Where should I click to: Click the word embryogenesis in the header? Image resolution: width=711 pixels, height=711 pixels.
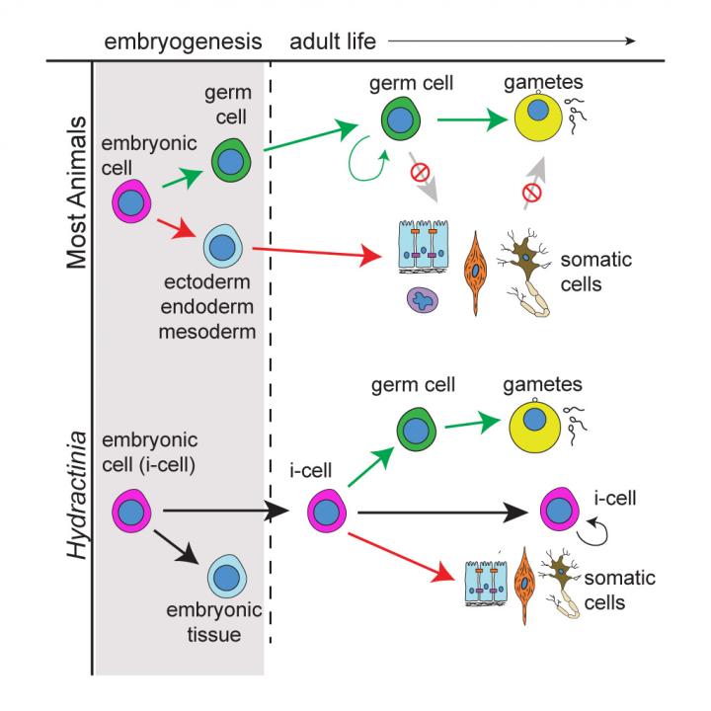click(x=185, y=41)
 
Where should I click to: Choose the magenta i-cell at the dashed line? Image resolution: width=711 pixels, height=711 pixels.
click(x=325, y=513)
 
